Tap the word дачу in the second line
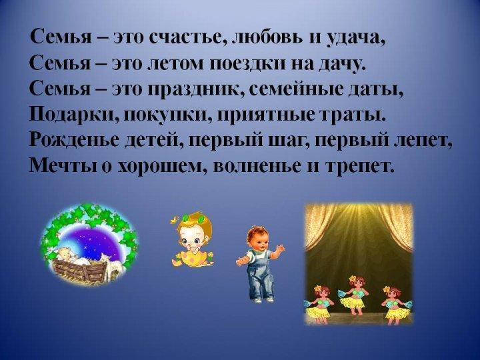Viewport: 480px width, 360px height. pos(340,65)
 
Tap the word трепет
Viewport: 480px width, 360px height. pos(359,167)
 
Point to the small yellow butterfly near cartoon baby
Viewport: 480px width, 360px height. pos(175,219)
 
